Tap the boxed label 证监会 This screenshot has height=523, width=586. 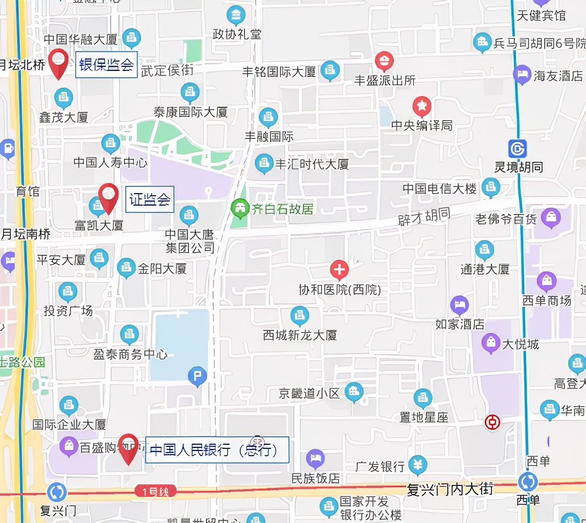(150, 199)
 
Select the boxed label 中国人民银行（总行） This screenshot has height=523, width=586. (217, 449)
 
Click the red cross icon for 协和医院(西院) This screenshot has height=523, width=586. (339, 270)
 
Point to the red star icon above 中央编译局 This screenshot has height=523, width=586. (422, 106)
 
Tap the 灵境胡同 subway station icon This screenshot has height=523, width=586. (518, 149)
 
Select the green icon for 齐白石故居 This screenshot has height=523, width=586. (240, 209)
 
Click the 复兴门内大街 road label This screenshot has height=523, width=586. (450, 489)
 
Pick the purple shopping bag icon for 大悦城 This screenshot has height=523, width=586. (491, 343)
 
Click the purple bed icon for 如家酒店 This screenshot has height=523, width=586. (460, 305)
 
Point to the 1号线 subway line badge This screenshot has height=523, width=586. (155, 491)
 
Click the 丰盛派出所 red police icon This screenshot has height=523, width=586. (384, 61)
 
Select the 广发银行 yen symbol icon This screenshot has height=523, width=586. (417, 464)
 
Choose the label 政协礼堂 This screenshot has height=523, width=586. (237, 34)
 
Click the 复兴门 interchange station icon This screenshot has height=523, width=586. (56, 492)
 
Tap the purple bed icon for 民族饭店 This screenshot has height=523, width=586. (315, 459)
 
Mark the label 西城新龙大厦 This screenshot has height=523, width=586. (300, 335)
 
